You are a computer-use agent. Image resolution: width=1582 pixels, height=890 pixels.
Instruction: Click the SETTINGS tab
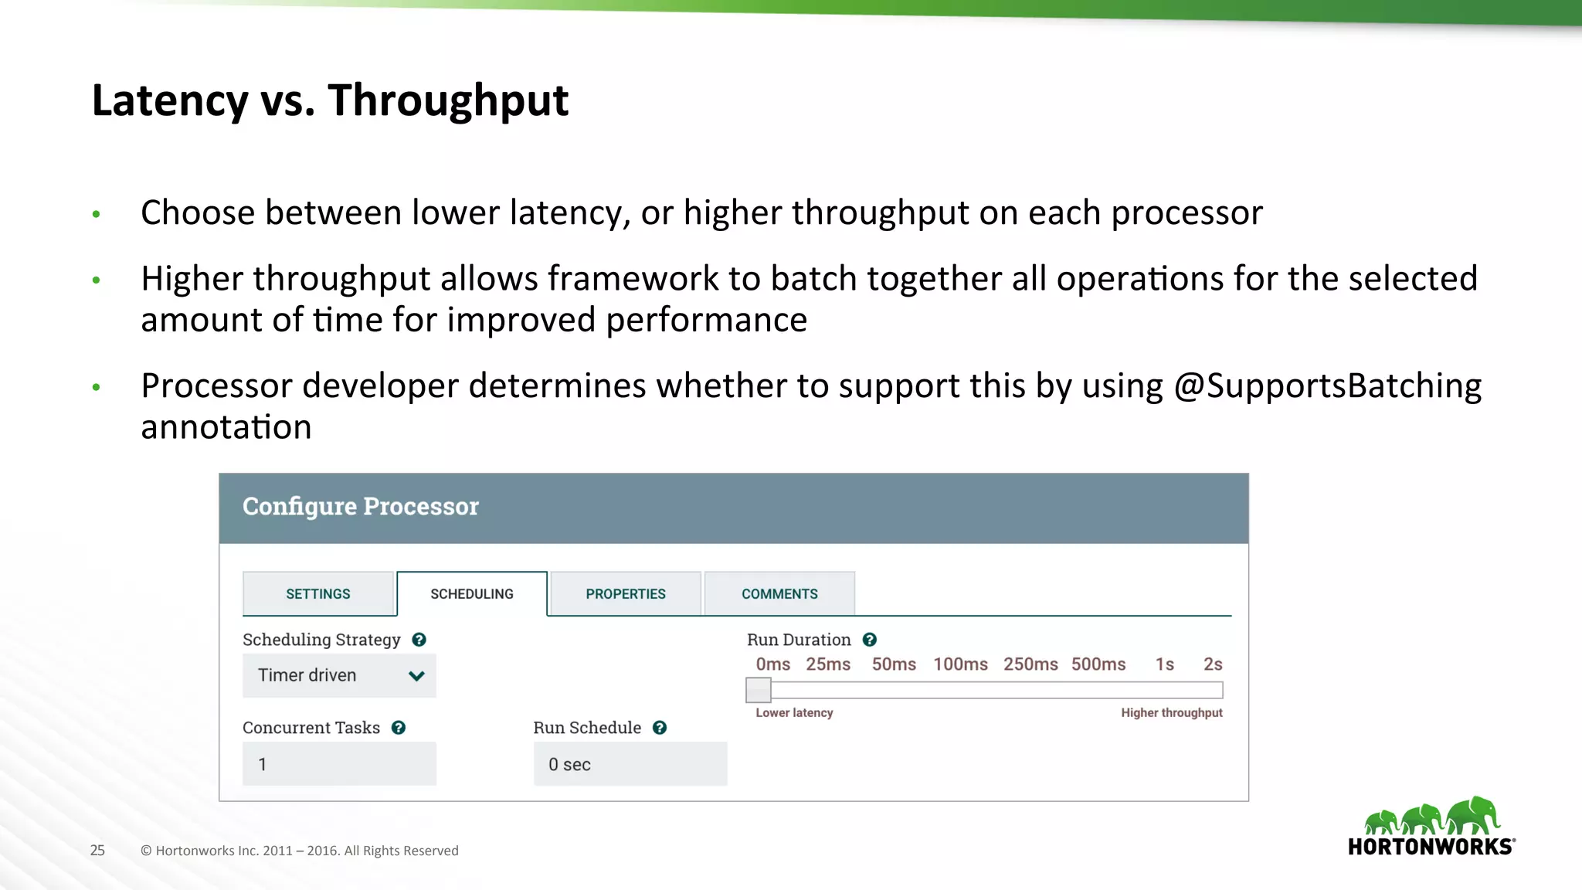click(x=318, y=593)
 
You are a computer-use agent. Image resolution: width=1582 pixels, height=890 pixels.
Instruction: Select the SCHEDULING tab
click(x=471, y=593)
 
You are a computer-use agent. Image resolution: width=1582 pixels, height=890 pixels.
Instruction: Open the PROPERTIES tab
click(x=625, y=593)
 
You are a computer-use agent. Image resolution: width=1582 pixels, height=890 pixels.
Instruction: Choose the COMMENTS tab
click(x=779, y=593)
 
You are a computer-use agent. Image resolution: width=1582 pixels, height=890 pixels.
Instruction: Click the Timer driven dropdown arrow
click(x=416, y=676)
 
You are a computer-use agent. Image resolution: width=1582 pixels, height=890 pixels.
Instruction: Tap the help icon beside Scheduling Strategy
click(x=419, y=640)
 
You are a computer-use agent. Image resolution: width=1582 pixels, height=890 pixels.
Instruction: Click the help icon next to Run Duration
click(x=869, y=640)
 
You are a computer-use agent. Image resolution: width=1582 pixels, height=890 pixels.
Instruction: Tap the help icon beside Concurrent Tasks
click(x=399, y=728)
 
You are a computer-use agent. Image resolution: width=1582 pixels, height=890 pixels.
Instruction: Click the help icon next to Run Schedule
click(x=660, y=728)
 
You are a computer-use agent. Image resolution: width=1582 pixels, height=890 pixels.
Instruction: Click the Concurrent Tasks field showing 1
click(x=339, y=764)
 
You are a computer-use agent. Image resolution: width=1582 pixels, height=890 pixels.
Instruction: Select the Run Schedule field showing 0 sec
click(x=630, y=764)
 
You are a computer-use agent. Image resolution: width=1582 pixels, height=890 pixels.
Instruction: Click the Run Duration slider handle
click(x=758, y=690)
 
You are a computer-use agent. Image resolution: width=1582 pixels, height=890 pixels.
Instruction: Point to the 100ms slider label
click(x=960, y=664)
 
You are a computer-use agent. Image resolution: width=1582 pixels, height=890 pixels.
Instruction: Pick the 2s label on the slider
click(x=1212, y=664)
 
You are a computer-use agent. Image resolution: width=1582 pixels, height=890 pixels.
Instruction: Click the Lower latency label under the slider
click(x=794, y=712)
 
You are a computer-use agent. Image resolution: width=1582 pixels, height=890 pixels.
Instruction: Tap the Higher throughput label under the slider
click(x=1171, y=712)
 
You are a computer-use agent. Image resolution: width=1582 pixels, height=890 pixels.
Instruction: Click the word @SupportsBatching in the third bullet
click(x=1327, y=386)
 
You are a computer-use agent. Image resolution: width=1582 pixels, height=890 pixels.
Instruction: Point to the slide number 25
click(x=97, y=851)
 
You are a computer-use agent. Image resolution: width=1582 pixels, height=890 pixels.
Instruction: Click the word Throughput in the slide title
click(x=448, y=100)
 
